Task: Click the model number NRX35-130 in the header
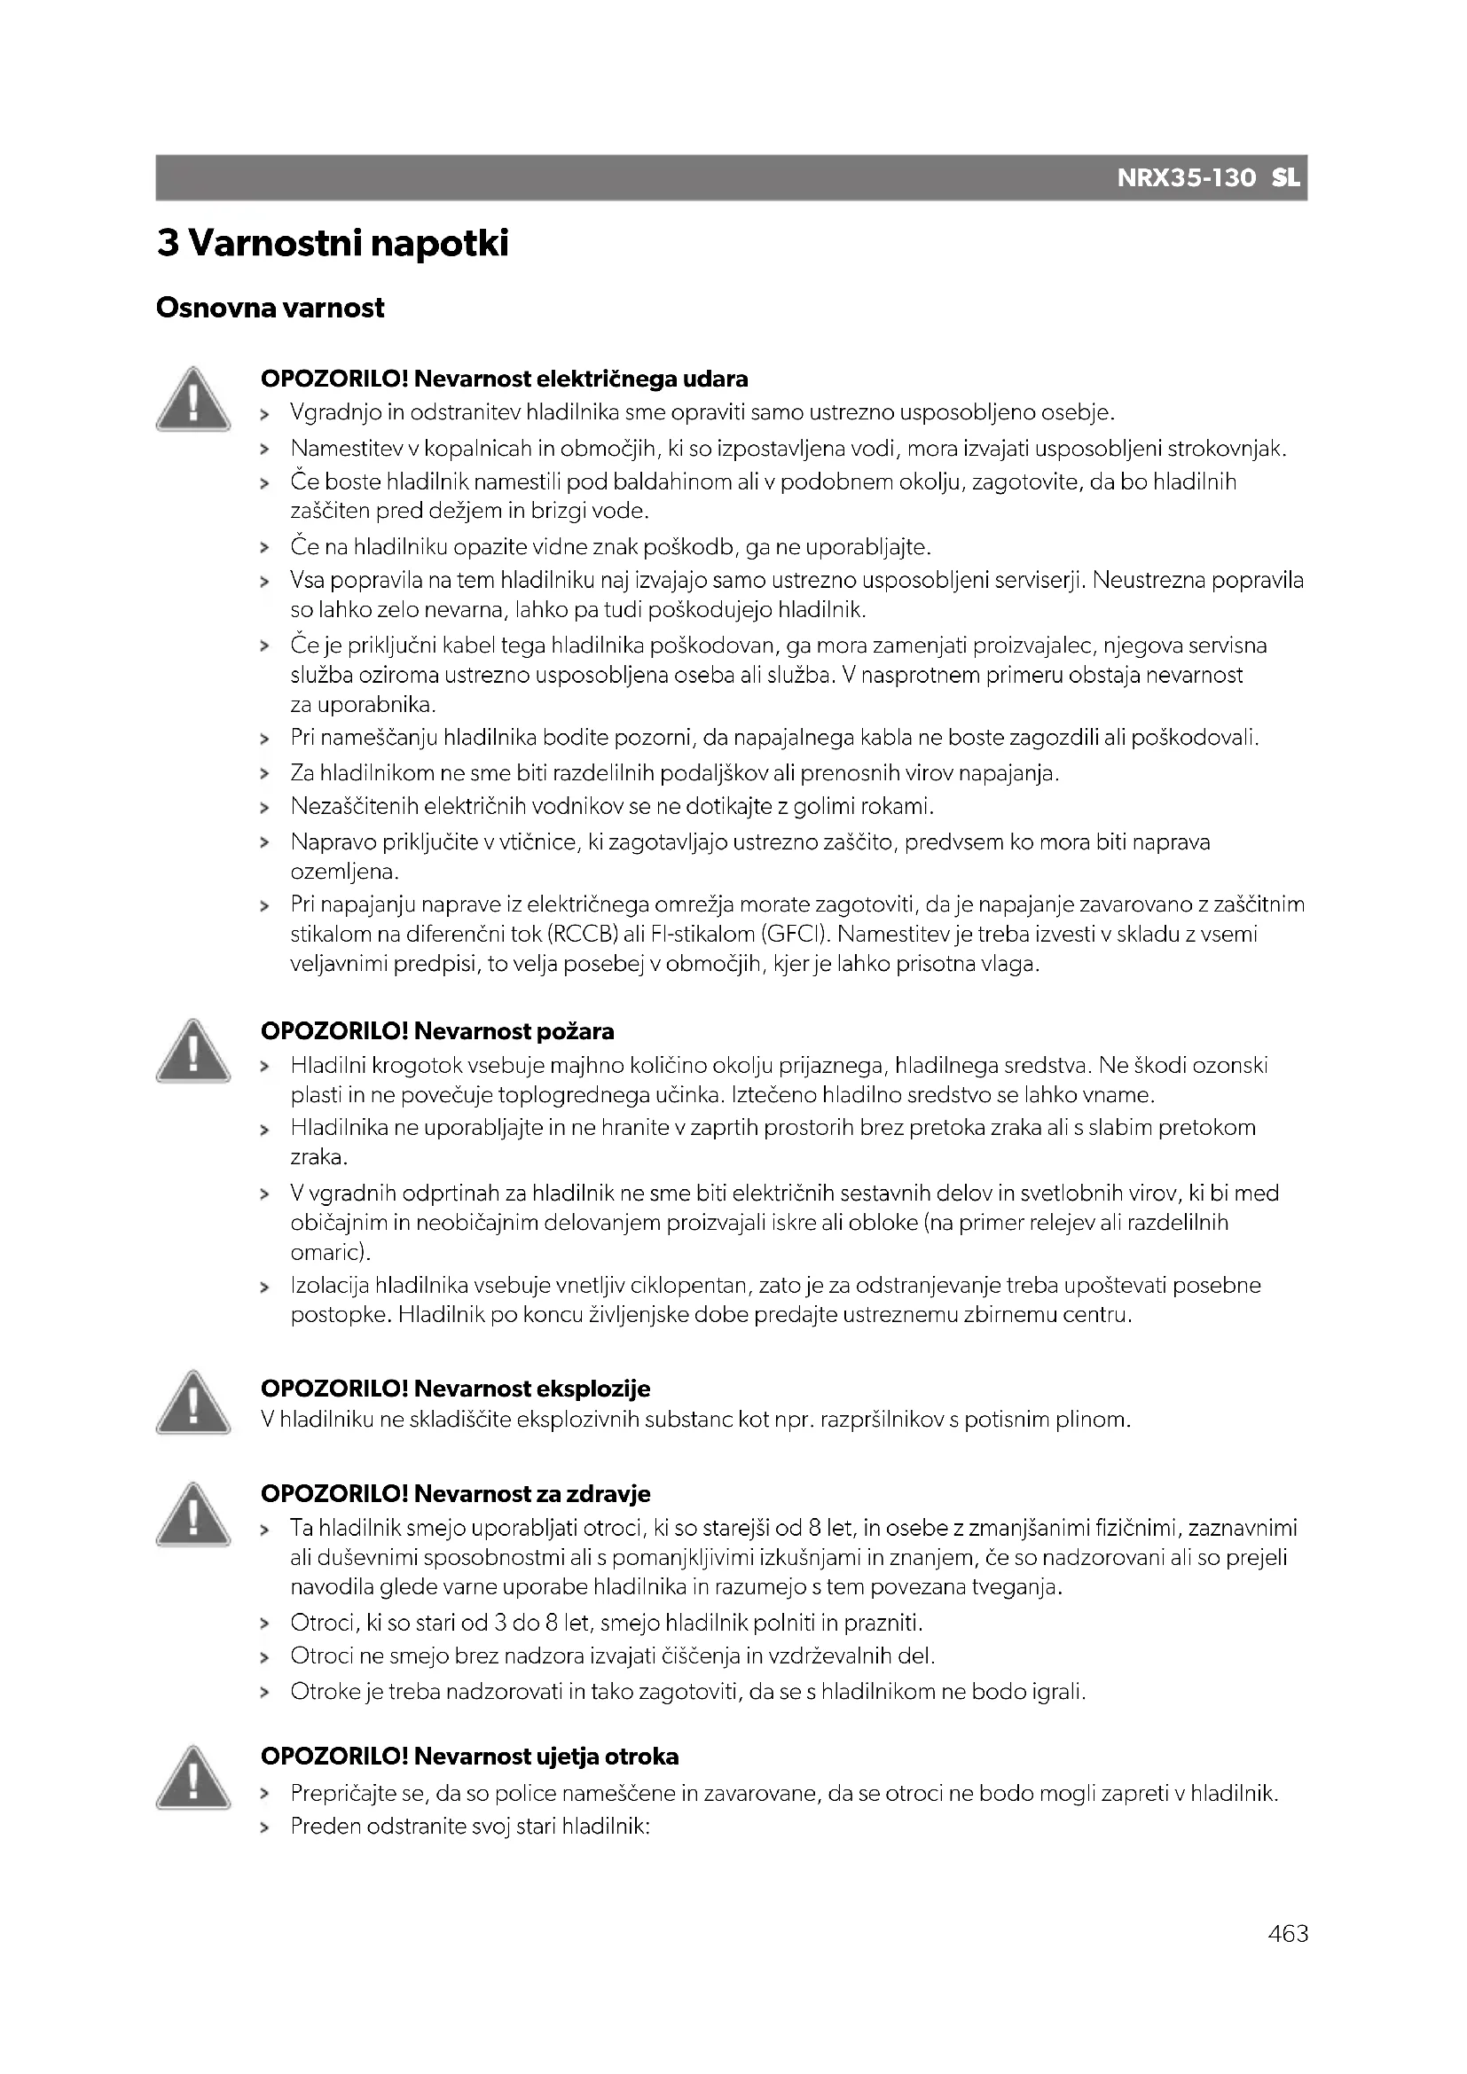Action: click(x=1186, y=178)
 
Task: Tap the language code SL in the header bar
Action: click(x=1285, y=178)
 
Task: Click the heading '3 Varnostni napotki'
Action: click(x=333, y=244)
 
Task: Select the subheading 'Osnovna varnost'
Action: click(x=271, y=308)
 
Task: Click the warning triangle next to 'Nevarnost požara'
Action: click(x=192, y=1051)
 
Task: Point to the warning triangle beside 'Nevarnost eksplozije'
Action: click(x=192, y=1402)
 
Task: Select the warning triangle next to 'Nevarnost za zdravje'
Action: click(x=192, y=1514)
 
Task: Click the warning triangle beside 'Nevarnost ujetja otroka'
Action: click(x=192, y=1778)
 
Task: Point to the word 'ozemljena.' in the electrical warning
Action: click(x=344, y=873)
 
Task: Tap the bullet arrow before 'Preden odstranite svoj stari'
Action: click(x=264, y=1827)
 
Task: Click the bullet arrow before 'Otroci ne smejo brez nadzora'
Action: click(x=264, y=1657)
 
